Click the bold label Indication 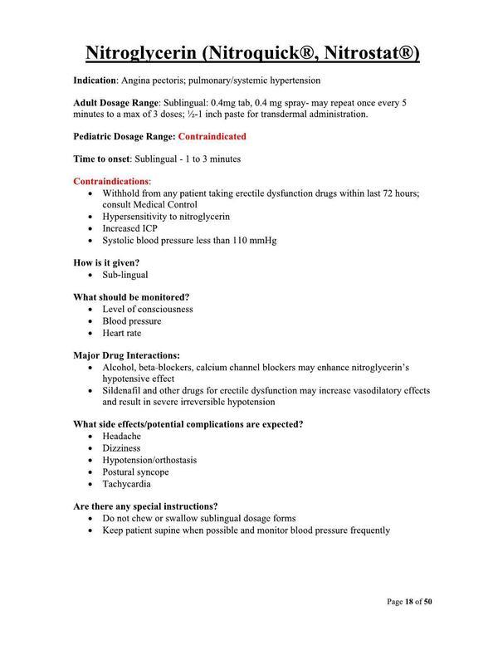[x=95, y=81]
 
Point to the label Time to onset [x=109, y=158]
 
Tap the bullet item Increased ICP [x=129, y=228]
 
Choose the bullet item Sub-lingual [x=125, y=275]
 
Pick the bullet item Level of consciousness [x=148, y=309]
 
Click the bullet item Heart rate [x=122, y=333]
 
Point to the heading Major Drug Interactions [x=126, y=354]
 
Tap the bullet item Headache [x=122, y=436]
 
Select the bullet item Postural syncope [x=135, y=472]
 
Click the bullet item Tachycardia [x=126, y=484]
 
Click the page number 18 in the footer [x=411, y=601]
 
